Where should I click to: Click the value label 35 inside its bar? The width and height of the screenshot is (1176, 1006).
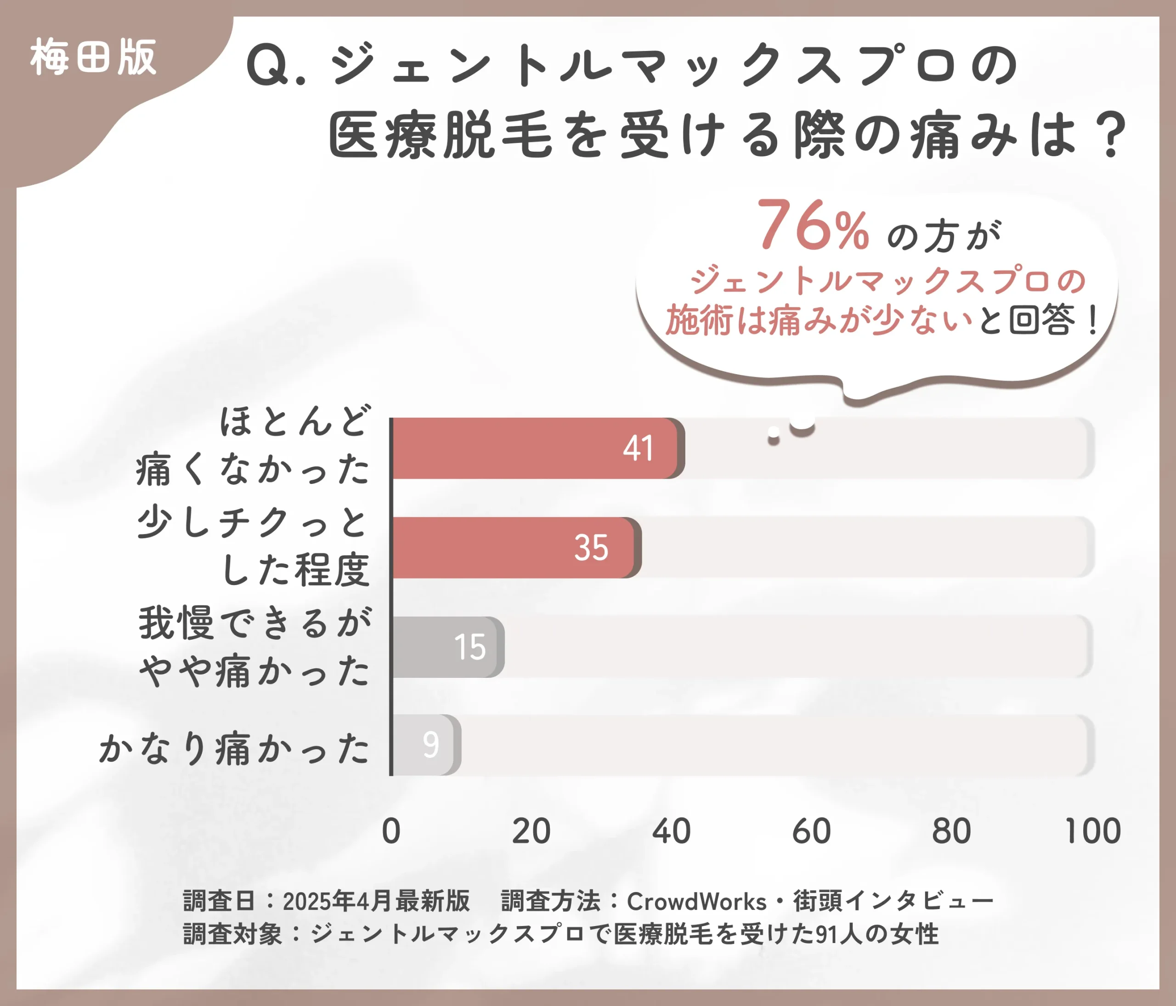tap(591, 548)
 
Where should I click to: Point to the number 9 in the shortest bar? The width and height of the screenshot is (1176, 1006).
tap(431, 745)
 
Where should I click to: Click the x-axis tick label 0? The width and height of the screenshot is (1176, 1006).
tap(391, 831)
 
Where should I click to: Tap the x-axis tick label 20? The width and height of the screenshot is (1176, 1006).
tap(531, 831)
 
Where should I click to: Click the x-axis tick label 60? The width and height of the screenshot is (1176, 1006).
tap(811, 831)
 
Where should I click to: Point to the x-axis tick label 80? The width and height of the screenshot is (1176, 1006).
tap(951, 831)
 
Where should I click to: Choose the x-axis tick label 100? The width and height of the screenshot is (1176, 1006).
tap(1092, 831)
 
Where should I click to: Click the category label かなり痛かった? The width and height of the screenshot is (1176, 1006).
tap(234, 748)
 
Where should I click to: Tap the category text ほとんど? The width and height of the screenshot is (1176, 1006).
tap(295, 422)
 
